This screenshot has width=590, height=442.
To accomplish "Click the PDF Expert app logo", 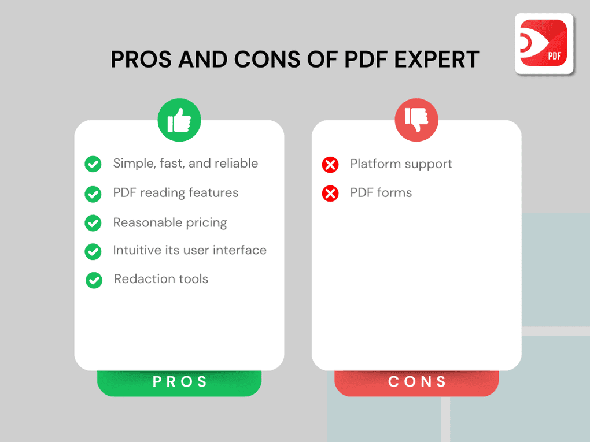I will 544,43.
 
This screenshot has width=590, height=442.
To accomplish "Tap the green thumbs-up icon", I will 179,120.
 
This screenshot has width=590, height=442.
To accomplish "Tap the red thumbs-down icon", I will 416,120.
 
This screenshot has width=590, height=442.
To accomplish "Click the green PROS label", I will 179,382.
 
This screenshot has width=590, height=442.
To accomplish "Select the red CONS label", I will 416,382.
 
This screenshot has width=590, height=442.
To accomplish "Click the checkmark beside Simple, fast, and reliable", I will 93,165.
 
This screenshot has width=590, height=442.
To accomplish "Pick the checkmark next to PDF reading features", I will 93,194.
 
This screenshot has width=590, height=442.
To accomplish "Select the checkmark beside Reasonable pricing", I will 93,223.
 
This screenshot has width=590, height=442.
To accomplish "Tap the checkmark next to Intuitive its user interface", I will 93,252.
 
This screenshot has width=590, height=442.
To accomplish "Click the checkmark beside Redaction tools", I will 94,281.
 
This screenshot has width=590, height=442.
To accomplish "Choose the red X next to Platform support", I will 330,165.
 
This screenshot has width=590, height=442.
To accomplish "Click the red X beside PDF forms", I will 330,194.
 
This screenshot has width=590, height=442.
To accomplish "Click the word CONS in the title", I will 269,60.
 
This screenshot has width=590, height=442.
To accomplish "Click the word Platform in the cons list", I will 374,164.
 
